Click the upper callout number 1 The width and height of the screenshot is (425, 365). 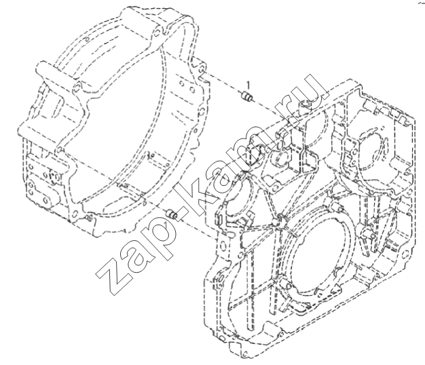coord(247,85)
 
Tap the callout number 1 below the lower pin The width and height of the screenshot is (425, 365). coord(166,225)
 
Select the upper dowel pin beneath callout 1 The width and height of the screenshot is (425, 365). coord(246,96)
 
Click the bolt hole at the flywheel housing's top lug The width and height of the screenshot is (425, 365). coord(155,33)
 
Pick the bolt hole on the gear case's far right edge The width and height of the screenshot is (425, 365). coord(405,254)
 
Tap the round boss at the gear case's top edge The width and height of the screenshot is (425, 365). coord(304,104)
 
